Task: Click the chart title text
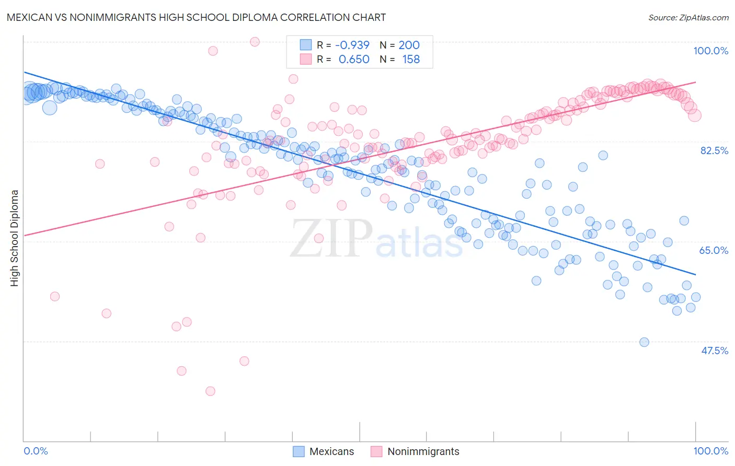(x=197, y=17)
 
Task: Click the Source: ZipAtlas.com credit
(x=688, y=17)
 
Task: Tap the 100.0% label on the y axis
(x=710, y=51)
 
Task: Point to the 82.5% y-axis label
(x=714, y=150)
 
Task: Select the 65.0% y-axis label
(x=714, y=250)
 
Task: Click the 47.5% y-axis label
(x=714, y=351)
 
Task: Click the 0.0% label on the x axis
(x=36, y=451)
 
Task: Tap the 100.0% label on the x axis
(x=710, y=451)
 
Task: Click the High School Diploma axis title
(x=15, y=238)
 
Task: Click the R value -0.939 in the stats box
(x=352, y=45)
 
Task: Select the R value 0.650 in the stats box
(x=354, y=60)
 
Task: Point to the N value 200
(x=409, y=45)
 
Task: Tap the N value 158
(x=411, y=60)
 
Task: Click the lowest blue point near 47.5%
(x=644, y=342)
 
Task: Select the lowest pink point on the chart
(x=210, y=391)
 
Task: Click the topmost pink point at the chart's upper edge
(x=255, y=42)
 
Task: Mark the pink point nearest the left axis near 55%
(x=54, y=296)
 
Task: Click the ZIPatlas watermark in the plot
(x=376, y=239)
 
